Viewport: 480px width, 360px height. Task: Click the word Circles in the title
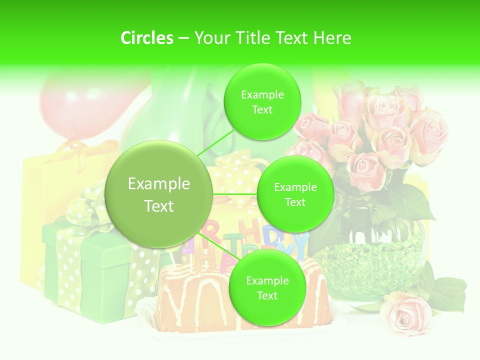point(147,38)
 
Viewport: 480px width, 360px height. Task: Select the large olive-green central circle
point(159,194)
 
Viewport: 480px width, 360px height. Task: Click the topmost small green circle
point(262,101)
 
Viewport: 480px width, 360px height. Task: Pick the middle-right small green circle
point(295,194)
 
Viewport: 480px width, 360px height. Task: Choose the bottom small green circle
point(267,287)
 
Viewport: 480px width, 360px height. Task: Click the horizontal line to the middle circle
point(235,193)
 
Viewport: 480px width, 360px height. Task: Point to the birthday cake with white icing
point(195,300)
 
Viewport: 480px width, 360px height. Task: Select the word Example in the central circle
point(159,184)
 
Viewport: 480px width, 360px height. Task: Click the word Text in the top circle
point(262,109)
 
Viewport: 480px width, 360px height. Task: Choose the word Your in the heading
point(210,38)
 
